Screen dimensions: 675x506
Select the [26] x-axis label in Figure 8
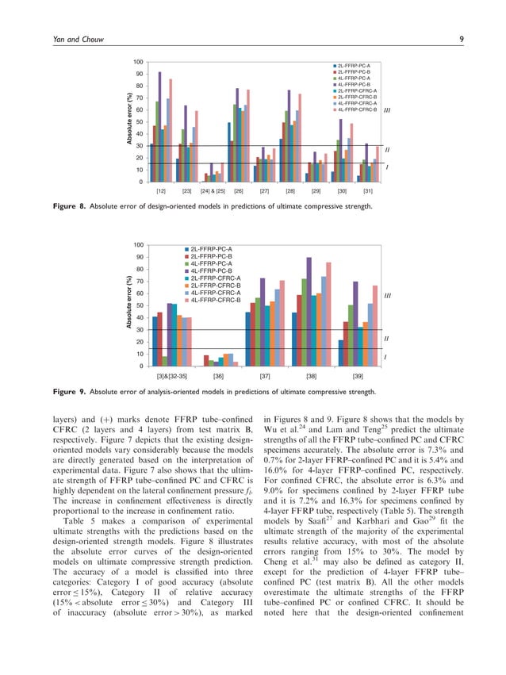(239, 192)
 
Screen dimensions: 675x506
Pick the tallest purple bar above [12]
(160, 127)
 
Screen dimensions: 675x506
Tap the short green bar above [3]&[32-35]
(164, 361)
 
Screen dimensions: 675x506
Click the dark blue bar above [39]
(341, 353)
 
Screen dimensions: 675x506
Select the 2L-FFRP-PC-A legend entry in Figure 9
(208, 249)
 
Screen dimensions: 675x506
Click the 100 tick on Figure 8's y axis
(138, 62)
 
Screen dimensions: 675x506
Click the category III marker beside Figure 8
(386, 112)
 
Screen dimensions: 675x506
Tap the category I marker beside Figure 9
(385, 358)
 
